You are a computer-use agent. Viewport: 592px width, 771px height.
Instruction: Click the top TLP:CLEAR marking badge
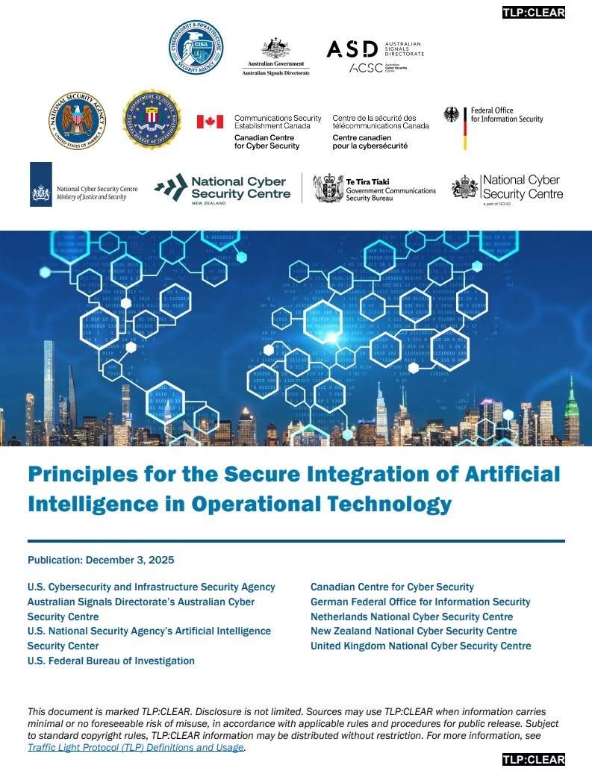tap(534, 12)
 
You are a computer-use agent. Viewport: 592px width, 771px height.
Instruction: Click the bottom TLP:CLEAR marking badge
tap(534, 760)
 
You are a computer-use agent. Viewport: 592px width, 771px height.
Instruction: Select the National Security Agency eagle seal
tap(78, 119)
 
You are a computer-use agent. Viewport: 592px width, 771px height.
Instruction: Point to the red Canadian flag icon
tap(210, 121)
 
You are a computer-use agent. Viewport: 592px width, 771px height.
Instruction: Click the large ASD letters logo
tap(352, 49)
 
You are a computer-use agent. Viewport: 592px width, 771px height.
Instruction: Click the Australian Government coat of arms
tap(275, 49)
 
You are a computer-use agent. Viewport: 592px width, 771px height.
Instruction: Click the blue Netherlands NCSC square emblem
tap(41, 184)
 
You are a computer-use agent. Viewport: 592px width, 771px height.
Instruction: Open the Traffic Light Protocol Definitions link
tap(136, 747)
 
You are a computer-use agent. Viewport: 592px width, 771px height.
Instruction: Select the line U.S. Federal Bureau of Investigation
tap(111, 661)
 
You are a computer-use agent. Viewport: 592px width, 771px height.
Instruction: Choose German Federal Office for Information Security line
tap(420, 602)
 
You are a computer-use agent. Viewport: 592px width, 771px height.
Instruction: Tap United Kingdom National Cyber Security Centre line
tap(421, 646)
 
